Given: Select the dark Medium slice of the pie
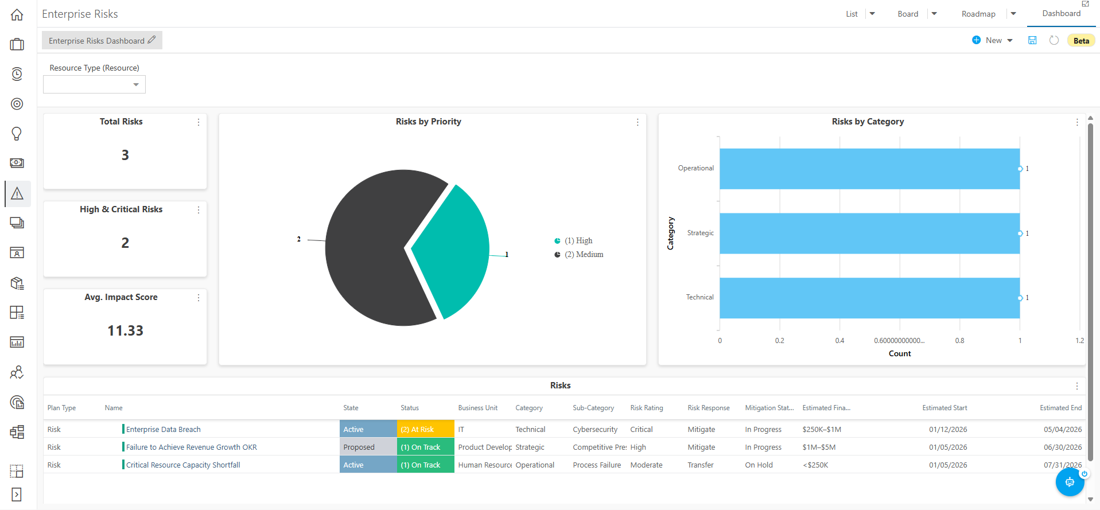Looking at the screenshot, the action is click(x=373, y=248).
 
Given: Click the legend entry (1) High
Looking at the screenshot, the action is click(x=573, y=241).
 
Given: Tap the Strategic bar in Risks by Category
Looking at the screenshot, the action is click(x=869, y=233).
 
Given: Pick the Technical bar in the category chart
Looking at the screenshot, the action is click(x=869, y=298).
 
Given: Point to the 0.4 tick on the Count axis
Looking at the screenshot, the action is click(x=839, y=341).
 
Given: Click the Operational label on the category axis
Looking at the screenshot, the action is click(x=695, y=168).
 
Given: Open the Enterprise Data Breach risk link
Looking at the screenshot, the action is click(x=164, y=430).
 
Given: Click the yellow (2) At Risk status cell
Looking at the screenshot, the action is click(x=426, y=429).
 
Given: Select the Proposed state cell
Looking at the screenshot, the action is click(x=368, y=447).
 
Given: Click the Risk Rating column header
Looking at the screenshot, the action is click(x=647, y=408).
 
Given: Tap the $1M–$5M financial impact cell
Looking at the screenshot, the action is click(x=819, y=447).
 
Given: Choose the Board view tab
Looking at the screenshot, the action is click(x=908, y=14).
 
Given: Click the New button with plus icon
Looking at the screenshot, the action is click(x=992, y=40).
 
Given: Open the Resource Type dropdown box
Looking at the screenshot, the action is click(x=94, y=84).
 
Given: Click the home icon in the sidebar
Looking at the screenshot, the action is click(x=17, y=15).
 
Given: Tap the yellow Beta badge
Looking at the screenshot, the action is click(x=1081, y=41).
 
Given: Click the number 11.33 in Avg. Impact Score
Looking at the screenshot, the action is click(x=125, y=331).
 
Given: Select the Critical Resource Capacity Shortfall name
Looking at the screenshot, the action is click(x=183, y=465).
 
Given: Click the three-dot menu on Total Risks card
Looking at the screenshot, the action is click(x=199, y=122).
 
